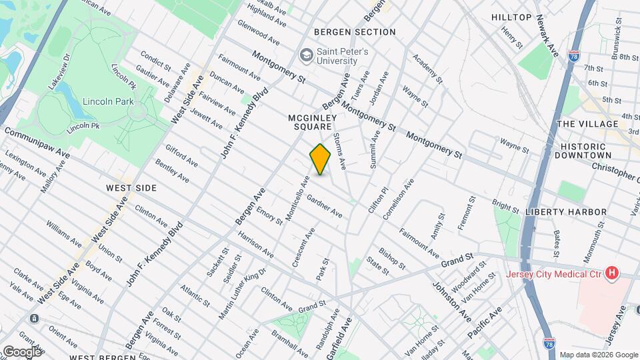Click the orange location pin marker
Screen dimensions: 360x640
point(321,159)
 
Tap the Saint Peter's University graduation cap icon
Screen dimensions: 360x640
point(307,54)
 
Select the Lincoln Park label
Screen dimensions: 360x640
point(109,101)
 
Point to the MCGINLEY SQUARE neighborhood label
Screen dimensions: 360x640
point(310,121)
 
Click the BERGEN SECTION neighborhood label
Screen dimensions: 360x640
point(355,32)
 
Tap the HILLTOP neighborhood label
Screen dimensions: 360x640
point(511,17)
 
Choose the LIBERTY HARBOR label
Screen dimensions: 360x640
point(566,212)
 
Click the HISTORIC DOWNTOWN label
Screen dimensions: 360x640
point(593,151)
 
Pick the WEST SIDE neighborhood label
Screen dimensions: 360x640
point(131,189)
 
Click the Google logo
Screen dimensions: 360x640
point(21,351)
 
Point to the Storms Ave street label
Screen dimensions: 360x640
point(339,148)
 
